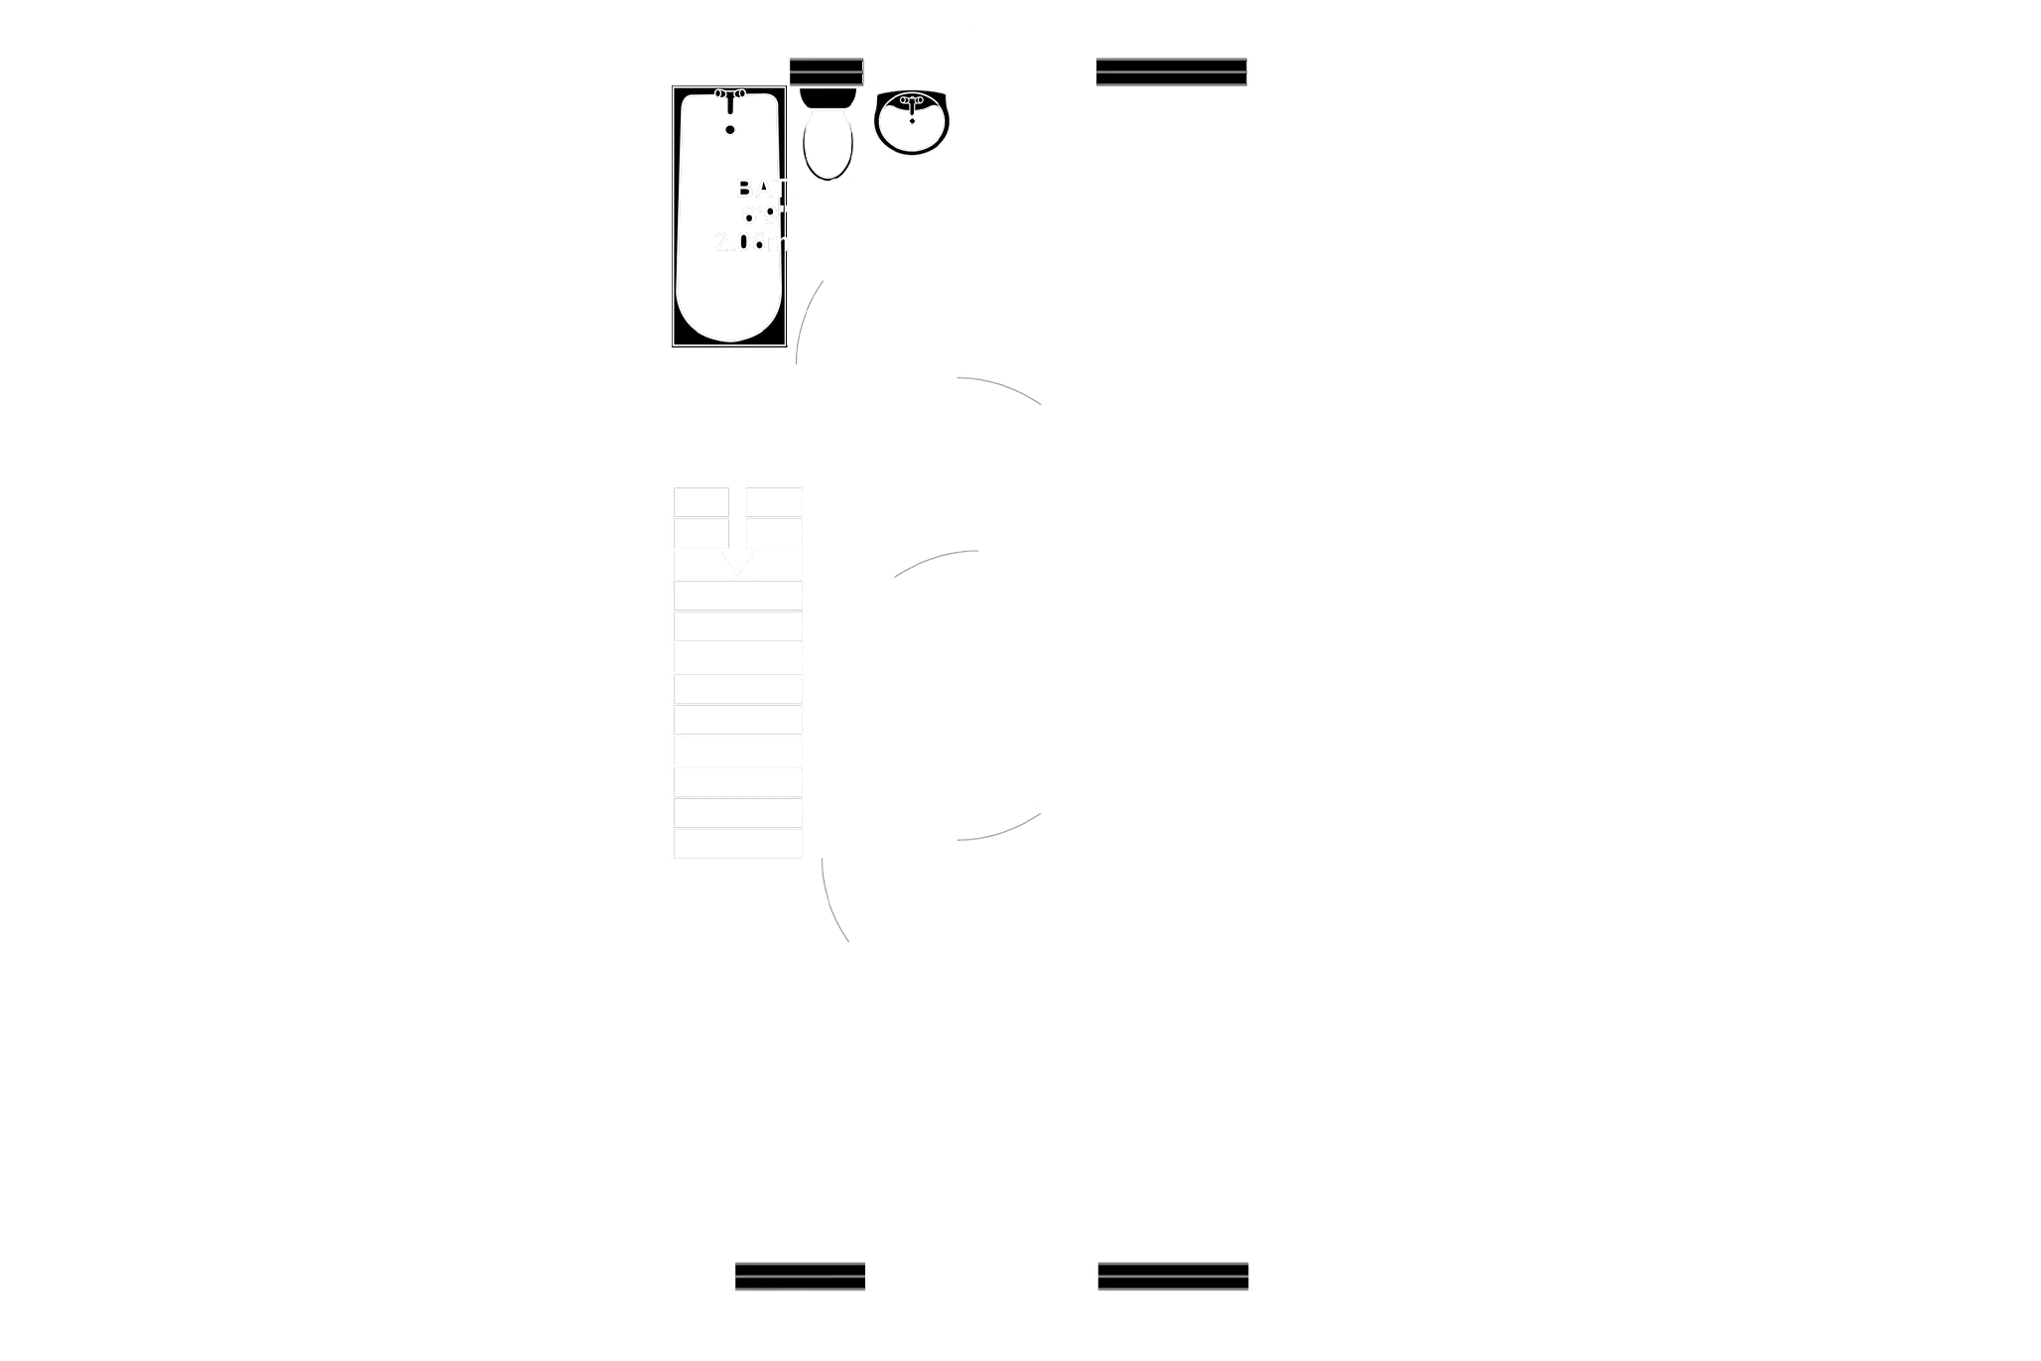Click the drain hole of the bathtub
(x=730, y=129)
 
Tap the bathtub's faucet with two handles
(x=729, y=95)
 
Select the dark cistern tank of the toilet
(x=828, y=96)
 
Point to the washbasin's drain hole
(x=912, y=120)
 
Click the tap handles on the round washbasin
(x=912, y=100)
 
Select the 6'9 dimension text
(x=764, y=213)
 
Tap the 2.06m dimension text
(x=752, y=242)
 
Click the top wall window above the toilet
(x=827, y=71)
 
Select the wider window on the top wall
(x=1171, y=71)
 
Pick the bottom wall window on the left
(x=800, y=1278)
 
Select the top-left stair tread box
(x=701, y=502)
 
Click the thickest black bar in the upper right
(x=1178, y=130)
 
